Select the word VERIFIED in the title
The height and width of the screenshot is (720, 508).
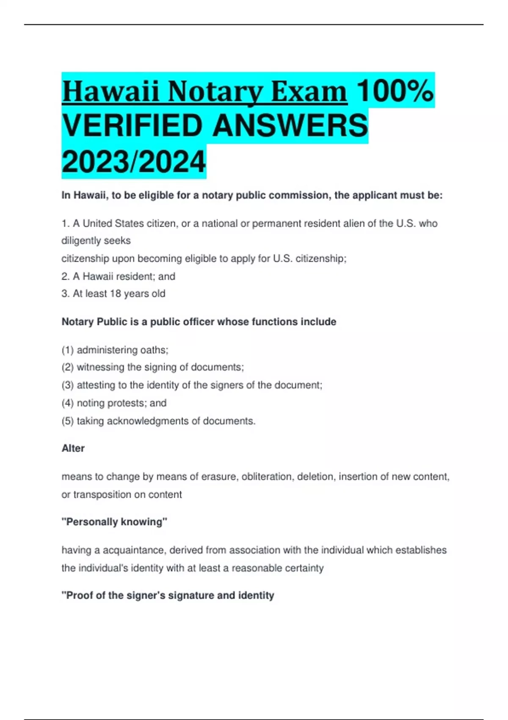[133, 126]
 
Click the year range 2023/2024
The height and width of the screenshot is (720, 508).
[134, 162]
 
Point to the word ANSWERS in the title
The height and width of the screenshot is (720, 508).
[290, 126]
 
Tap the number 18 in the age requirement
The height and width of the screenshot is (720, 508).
[116, 294]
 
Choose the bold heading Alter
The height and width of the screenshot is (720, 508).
[73, 448]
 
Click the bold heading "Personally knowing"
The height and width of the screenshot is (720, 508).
[115, 522]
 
